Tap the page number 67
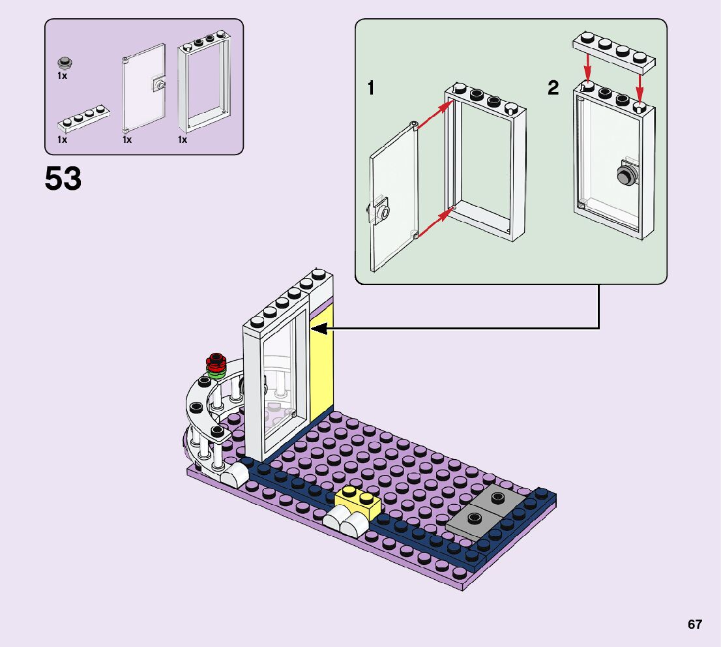click(694, 624)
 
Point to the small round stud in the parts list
click(64, 63)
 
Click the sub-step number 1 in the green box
click(371, 88)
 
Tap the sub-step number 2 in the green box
click(553, 88)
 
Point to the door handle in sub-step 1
click(379, 211)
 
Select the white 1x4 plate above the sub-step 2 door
click(613, 51)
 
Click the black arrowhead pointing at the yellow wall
click(319, 330)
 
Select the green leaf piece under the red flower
click(215, 372)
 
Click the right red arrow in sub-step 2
click(640, 85)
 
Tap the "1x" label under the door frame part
click(183, 140)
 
